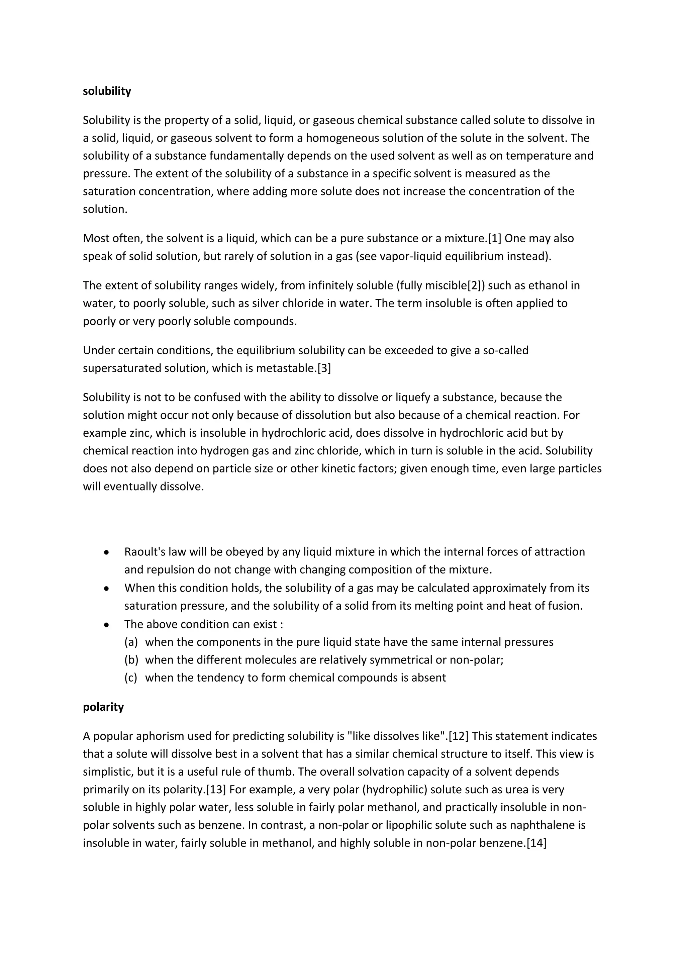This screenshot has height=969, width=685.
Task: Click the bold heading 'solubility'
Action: point(107,91)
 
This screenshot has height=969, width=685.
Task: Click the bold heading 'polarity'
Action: point(103,707)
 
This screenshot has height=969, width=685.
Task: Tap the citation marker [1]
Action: point(494,239)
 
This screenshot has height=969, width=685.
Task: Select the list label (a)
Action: point(131,642)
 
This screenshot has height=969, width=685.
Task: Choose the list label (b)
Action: point(131,659)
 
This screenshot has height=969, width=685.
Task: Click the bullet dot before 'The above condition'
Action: point(107,625)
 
